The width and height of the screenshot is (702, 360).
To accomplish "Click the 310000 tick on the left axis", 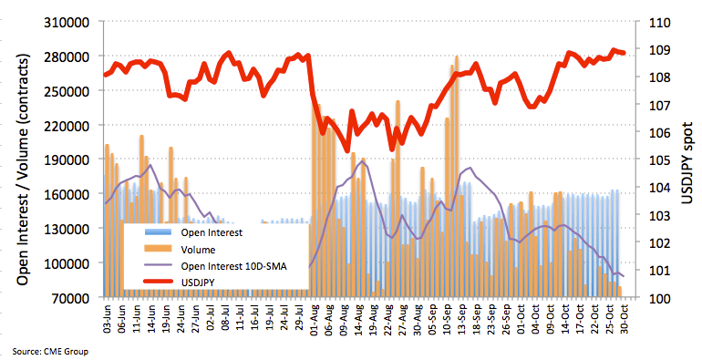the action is tap(67, 22).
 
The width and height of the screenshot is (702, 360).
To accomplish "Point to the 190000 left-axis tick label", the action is tap(67, 159).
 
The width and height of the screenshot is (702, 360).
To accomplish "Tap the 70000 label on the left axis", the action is tap(70, 297).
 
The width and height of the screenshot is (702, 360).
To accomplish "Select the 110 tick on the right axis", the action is tap(659, 22).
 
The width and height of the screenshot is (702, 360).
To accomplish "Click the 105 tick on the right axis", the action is tap(659, 159).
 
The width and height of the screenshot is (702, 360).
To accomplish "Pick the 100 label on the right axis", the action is tap(659, 298).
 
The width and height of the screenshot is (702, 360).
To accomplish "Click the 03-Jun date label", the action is tap(108, 320).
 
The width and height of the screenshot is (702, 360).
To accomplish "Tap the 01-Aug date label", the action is tap(315, 320).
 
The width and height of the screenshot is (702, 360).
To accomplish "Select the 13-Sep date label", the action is tap(462, 320).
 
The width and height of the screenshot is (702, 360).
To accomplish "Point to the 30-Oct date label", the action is tap(625, 320).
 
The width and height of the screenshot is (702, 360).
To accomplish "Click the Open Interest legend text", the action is tap(212, 232).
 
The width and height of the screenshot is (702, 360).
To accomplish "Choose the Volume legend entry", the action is tap(198, 250).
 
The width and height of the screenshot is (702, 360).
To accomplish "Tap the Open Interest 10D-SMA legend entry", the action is tap(233, 266).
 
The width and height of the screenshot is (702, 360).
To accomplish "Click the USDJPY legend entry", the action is tap(198, 283).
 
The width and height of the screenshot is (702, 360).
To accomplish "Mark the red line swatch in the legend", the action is tap(158, 282).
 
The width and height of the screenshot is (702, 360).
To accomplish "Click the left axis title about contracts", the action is tap(23, 170).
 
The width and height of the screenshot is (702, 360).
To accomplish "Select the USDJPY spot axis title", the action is tap(687, 162).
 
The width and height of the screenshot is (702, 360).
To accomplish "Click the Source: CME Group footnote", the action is tap(50, 352).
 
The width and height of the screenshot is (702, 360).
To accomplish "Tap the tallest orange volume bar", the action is tap(456, 177).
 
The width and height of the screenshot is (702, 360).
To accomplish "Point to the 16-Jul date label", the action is tap(255, 320).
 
